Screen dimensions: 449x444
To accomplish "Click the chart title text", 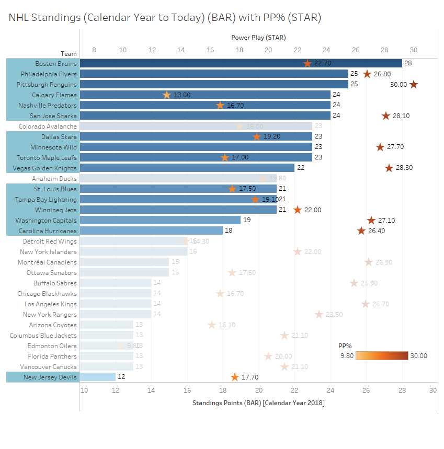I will [x=165, y=18].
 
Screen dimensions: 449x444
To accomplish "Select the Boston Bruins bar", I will [x=241, y=63].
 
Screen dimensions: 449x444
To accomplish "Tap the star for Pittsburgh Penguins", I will [x=414, y=84].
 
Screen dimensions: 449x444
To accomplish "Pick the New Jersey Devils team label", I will [x=50, y=377].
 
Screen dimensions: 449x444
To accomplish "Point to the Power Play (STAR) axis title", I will [x=258, y=38].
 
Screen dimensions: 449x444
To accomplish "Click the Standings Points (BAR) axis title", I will [x=258, y=402].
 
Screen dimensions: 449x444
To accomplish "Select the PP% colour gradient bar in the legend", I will [x=382, y=355].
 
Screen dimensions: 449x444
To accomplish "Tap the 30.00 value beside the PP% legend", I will [x=418, y=355].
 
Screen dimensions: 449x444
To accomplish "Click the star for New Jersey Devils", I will [x=235, y=377].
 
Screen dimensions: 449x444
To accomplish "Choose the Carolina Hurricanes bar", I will [x=152, y=231].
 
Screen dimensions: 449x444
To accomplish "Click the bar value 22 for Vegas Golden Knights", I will [x=301, y=168].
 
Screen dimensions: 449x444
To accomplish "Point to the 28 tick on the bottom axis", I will [x=402, y=390].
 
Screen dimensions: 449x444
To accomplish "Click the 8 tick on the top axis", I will [x=94, y=50].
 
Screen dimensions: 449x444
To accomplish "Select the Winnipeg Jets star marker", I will [x=298, y=210].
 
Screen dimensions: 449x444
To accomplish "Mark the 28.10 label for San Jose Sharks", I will [x=401, y=116].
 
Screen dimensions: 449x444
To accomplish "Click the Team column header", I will [x=69, y=53].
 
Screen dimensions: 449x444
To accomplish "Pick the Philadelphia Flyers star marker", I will [x=367, y=74].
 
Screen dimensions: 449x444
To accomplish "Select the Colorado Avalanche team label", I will [x=48, y=126].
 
